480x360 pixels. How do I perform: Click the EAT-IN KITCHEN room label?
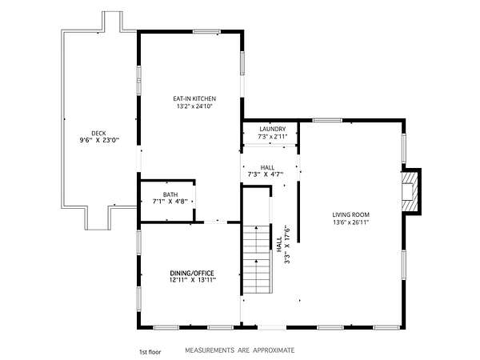pyautogui.click(x=194, y=98)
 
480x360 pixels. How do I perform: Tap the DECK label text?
pyautogui.click(x=98, y=133)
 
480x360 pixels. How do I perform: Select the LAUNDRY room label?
pyautogui.click(x=273, y=129)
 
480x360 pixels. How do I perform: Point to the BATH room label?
pyautogui.click(x=170, y=194)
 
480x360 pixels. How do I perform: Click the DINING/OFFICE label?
pyautogui.click(x=192, y=273)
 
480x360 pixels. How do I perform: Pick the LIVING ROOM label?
pyautogui.click(x=351, y=214)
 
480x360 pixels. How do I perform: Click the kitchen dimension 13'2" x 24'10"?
pyautogui.click(x=194, y=106)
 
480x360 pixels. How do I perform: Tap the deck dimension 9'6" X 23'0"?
pyautogui.click(x=99, y=141)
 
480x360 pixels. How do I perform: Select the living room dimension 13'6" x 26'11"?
pyautogui.click(x=351, y=222)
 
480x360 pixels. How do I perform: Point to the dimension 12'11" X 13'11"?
pyautogui.click(x=193, y=280)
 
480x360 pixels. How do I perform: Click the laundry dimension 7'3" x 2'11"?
pyautogui.click(x=273, y=137)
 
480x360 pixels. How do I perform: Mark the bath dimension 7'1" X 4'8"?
pyautogui.click(x=170, y=202)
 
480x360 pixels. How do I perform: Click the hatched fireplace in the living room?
pyautogui.click(x=410, y=190)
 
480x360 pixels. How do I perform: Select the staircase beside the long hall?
pyautogui.click(x=257, y=259)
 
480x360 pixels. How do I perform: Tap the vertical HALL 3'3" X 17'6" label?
pyautogui.click(x=283, y=245)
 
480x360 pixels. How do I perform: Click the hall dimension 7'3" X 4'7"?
pyautogui.click(x=265, y=174)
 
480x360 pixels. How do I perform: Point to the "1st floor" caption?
pyautogui.click(x=150, y=352)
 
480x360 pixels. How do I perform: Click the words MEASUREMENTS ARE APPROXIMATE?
pyautogui.click(x=240, y=350)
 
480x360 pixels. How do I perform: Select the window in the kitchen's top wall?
pyautogui.click(x=206, y=31)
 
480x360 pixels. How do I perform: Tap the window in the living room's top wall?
pyautogui.click(x=327, y=120)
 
